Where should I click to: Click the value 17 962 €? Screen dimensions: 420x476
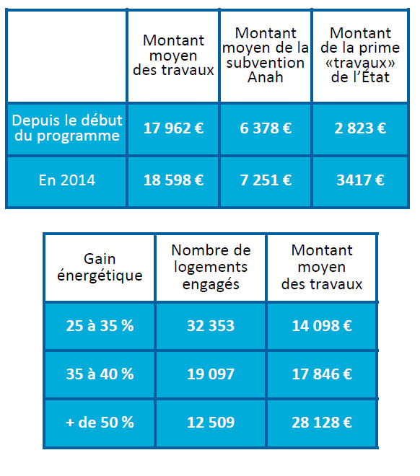[x=173, y=128]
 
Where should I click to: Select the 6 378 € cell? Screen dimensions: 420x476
[x=266, y=128]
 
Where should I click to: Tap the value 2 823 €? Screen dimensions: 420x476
[x=360, y=128]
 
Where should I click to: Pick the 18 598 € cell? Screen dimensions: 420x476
[x=173, y=180]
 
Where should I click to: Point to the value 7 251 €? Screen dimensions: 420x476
[x=266, y=180]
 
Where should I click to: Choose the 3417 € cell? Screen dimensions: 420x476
[x=360, y=180]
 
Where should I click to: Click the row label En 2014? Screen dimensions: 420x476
[x=67, y=180]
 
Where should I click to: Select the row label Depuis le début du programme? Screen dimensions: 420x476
[x=67, y=128]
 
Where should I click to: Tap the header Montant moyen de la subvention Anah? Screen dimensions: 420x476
[x=266, y=55]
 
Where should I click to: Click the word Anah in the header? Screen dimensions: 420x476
[x=266, y=77]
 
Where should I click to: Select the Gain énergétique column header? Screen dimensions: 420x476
[x=100, y=268]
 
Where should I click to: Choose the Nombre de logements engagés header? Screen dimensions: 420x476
[x=211, y=268]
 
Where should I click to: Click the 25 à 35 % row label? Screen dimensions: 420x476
[x=100, y=326]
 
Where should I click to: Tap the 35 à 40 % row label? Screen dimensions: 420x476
[x=100, y=374]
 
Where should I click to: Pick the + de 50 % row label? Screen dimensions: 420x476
[x=100, y=422]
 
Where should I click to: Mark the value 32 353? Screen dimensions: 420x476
[x=211, y=326]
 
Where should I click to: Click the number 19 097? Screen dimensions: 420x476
[x=211, y=374]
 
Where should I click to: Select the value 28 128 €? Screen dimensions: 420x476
[x=322, y=422]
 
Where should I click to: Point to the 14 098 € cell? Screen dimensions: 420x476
[x=322, y=326]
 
